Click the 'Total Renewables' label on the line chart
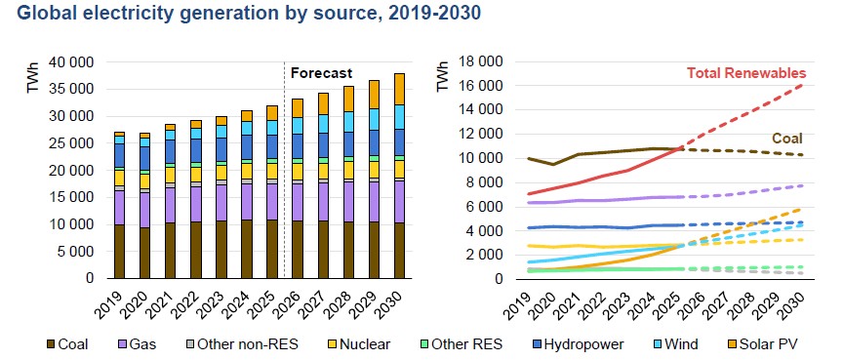[x=746, y=73]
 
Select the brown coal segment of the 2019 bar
[x=119, y=252]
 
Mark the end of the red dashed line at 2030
[x=802, y=85]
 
